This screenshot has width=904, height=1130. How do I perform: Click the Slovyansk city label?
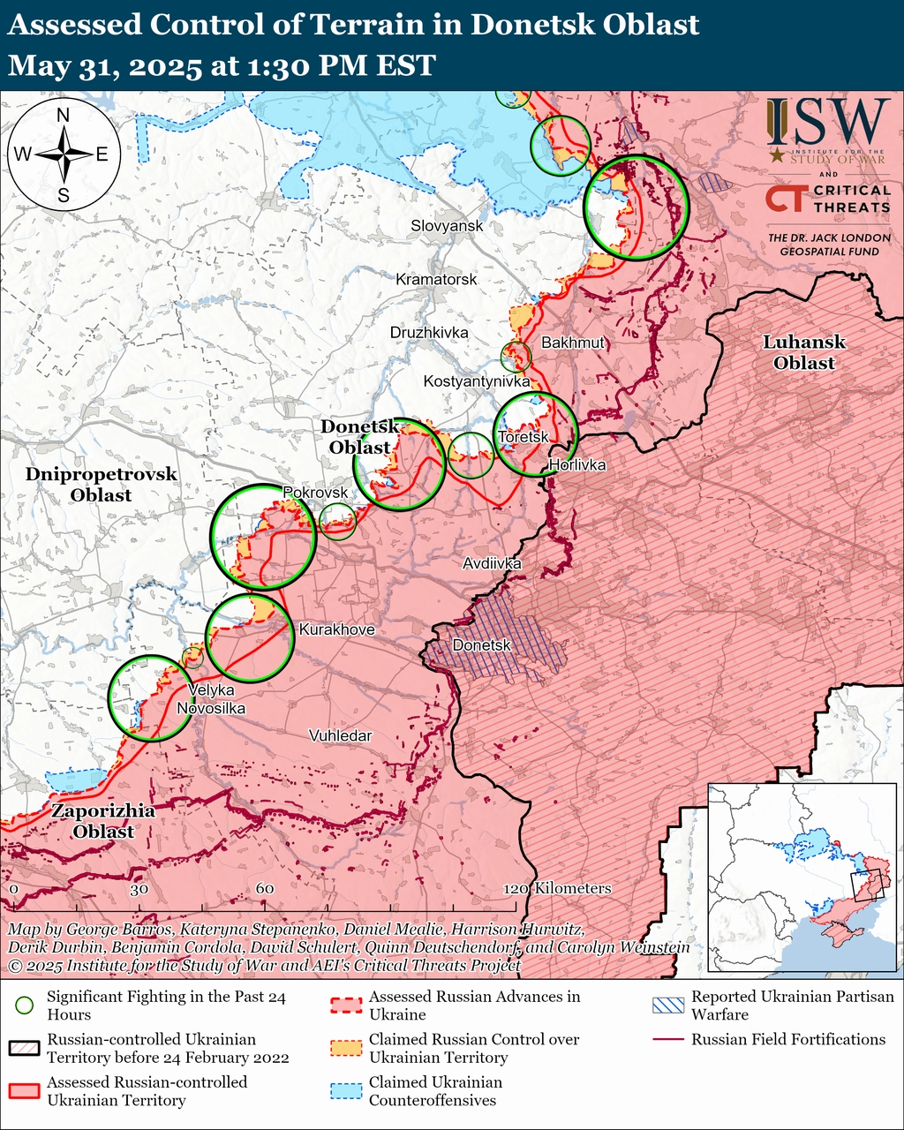(x=447, y=226)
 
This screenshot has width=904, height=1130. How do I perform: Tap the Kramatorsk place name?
(x=436, y=280)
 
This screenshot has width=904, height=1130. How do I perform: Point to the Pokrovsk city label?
(x=315, y=492)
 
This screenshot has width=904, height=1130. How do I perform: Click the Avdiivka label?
(x=492, y=563)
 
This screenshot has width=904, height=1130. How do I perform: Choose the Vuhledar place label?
(x=340, y=735)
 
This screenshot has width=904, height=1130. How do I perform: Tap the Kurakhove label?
(x=336, y=630)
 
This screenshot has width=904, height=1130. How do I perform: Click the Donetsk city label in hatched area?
(x=482, y=645)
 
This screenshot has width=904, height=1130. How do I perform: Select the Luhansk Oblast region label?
(x=804, y=352)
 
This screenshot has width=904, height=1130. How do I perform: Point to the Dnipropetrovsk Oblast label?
(x=101, y=485)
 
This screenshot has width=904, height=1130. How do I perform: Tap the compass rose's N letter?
(x=64, y=115)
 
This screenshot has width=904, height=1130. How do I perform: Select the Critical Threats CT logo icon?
(x=784, y=199)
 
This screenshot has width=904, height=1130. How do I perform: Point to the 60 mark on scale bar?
(x=265, y=889)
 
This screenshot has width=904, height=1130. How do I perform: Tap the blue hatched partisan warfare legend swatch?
(x=667, y=1006)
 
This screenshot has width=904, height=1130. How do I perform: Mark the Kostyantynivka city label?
(x=477, y=381)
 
